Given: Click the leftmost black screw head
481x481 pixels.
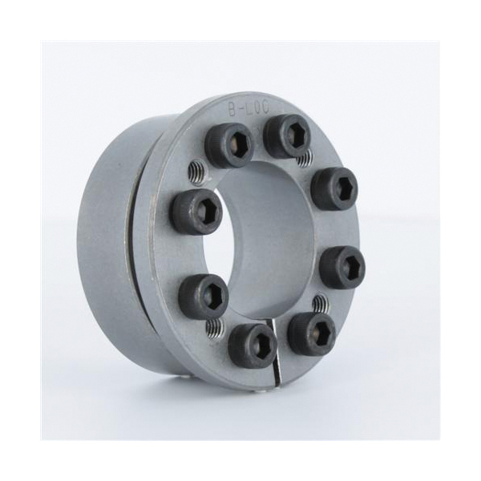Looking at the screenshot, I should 195,212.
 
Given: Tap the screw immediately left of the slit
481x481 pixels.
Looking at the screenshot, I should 253,346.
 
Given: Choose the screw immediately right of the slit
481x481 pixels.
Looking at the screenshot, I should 311,333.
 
